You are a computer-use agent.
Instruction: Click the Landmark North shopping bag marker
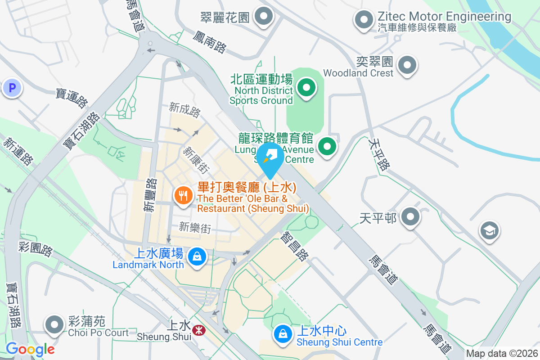[x=197, y=257]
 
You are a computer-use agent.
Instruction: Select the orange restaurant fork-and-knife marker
[x=183, y=196]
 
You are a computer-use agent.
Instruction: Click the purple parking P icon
[x=12, y=88]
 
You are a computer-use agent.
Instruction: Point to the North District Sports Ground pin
[x=307, y=87]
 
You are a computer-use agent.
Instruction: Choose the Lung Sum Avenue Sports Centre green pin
[x=328, y=147]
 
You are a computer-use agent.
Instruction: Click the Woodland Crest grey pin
[x=408, y=65]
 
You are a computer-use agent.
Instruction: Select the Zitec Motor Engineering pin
[x=364, y=20]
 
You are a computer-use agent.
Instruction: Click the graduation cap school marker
[x=489, y=231]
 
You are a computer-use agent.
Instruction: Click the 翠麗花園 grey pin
[x=264, y=17]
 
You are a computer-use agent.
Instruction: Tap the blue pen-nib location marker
[x=270, y=157]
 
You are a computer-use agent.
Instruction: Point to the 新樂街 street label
[x=194, y=228]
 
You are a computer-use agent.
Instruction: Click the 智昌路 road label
[x=295, y=247]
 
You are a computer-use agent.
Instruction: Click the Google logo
[x=30, y=349]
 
